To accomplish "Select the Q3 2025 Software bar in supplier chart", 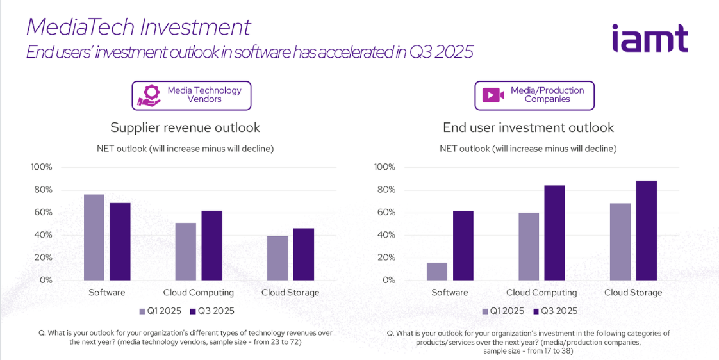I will point(120,241).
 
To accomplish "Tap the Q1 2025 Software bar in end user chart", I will point(437,271).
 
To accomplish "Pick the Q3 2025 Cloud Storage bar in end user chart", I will point(646,231).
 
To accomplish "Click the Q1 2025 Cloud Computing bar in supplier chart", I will point(185,251).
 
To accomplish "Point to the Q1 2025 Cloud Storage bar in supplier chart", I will point(277,258).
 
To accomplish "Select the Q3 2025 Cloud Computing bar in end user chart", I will point(554,233).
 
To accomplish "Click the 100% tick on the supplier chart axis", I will point(42,167).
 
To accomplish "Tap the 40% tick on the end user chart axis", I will point(384,235).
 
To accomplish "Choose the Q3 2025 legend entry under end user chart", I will point(555,311).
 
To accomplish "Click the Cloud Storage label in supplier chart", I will point(290,293).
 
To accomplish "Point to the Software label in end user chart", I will point(449,293).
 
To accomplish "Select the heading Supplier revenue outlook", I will point(185,127).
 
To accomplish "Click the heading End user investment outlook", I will point(528,127).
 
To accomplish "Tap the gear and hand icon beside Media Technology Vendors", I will point(149,95).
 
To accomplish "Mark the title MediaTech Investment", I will point(138,27).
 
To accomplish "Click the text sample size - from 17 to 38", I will point(528,351).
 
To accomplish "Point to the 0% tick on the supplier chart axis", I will point(45,280).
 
